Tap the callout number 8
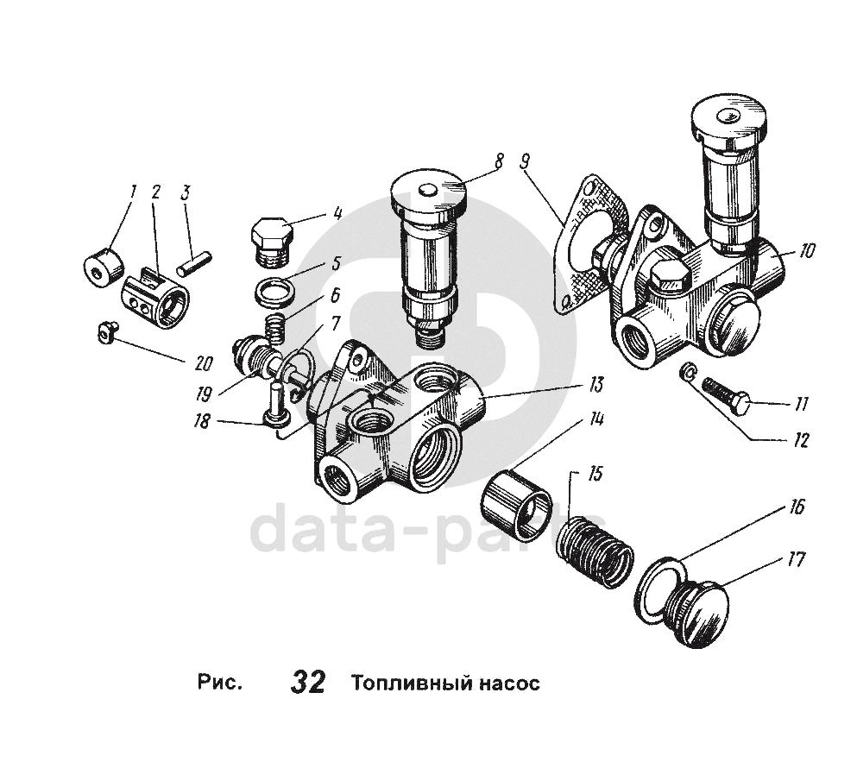tap(499, 160)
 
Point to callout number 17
tap(797, 560)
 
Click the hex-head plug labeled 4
tap(269, 235)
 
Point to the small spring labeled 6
tap(275, 327)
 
